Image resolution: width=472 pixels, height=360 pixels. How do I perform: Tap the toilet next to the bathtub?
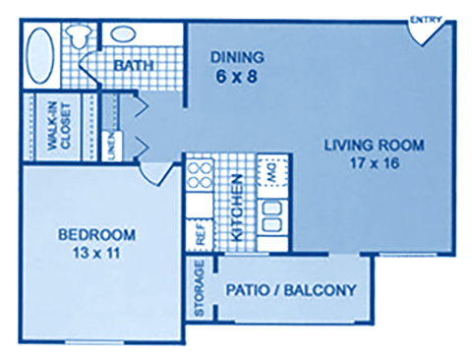pyautogui.click(x=78, y=36)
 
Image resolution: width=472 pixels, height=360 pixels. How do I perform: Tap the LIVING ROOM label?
pyautogui.click(x=374, y=147)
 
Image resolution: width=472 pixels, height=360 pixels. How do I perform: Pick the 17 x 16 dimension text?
pyautogui.click(x=374, y=163)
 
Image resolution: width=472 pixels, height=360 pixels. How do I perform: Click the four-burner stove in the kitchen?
pyautogui.click(x=200, y=179)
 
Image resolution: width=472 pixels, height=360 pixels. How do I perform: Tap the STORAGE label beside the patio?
pyautogui.click(x=200, y=289)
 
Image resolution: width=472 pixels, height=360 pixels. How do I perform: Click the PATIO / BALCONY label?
pyautogui.click(x=290, y=290)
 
